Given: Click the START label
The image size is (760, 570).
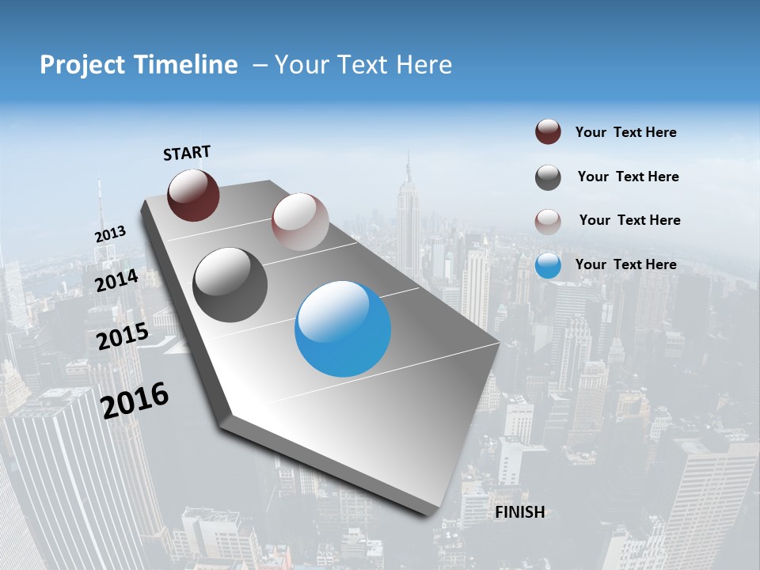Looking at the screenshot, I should pyautogui.click(x=187, y=152).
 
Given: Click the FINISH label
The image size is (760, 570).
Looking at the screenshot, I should pyautogui.click(x=519, y=512).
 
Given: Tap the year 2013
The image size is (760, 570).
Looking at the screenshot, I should pyautogui.click(x=110, y=234).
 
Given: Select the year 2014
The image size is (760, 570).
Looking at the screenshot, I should pyautogui.click(x=116, y=280).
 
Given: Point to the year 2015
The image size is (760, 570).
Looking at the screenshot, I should pyautogui.click(x=122, y=336).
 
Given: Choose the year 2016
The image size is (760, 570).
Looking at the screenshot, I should pyautogui.click(x=135, y=400).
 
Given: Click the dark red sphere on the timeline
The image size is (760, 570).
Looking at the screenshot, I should pyautogui.click(x=193, y=195).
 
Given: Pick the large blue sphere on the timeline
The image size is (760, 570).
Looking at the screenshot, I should pyautogui.click(x=343, y=328).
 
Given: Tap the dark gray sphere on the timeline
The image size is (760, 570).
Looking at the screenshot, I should pyautogui.click(x=230, y=284).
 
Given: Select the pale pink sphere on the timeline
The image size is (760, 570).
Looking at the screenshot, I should pyautogui.click(x=300, y=222).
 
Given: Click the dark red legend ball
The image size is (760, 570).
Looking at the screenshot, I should pyautogui.click(x=548, y=131).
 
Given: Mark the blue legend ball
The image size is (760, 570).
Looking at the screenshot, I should pyautogui.click(x=548, y=265).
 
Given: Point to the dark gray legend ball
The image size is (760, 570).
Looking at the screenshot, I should pyautogui.click(x=548, y=177).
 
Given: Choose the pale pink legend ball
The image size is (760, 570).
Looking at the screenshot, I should pyautogui.click(x=548, y=221).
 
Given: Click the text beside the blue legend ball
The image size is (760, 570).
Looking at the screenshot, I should pyautogui.click(x=625, y=264).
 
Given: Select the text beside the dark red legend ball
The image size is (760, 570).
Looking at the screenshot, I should pyautogui.click(x=625, y=132).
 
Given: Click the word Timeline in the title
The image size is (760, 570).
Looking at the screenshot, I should pyautogui.click(x=188, y=65).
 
